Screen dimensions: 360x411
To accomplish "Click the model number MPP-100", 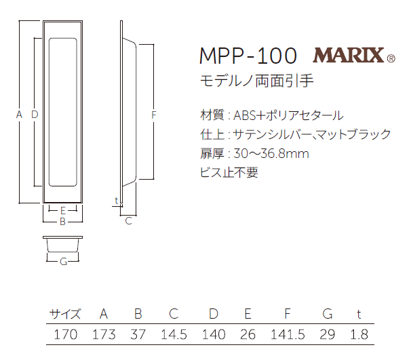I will (x=248, y=56).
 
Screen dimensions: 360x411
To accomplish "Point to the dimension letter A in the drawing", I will (x=19, y=115).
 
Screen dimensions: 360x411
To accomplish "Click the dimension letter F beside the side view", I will (x=154, y=115).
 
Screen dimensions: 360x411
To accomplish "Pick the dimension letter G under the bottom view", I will (x=62, y=262).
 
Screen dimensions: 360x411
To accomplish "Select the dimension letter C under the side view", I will (x=128, y=220).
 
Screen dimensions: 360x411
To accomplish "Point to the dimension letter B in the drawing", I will (x=62, y=221).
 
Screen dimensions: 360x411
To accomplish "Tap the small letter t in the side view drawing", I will (x=117, y=201).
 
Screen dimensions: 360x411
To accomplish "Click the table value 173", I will (x=104, y=334).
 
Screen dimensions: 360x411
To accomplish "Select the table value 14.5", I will (x=174, y=334).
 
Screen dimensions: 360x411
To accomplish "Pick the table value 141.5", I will (x=288, y=334).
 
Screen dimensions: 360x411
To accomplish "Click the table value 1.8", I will (x=359, y=334).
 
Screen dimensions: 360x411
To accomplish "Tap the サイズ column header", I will (x=65, y=314).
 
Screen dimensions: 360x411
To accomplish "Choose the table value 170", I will (x=65, y=334).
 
